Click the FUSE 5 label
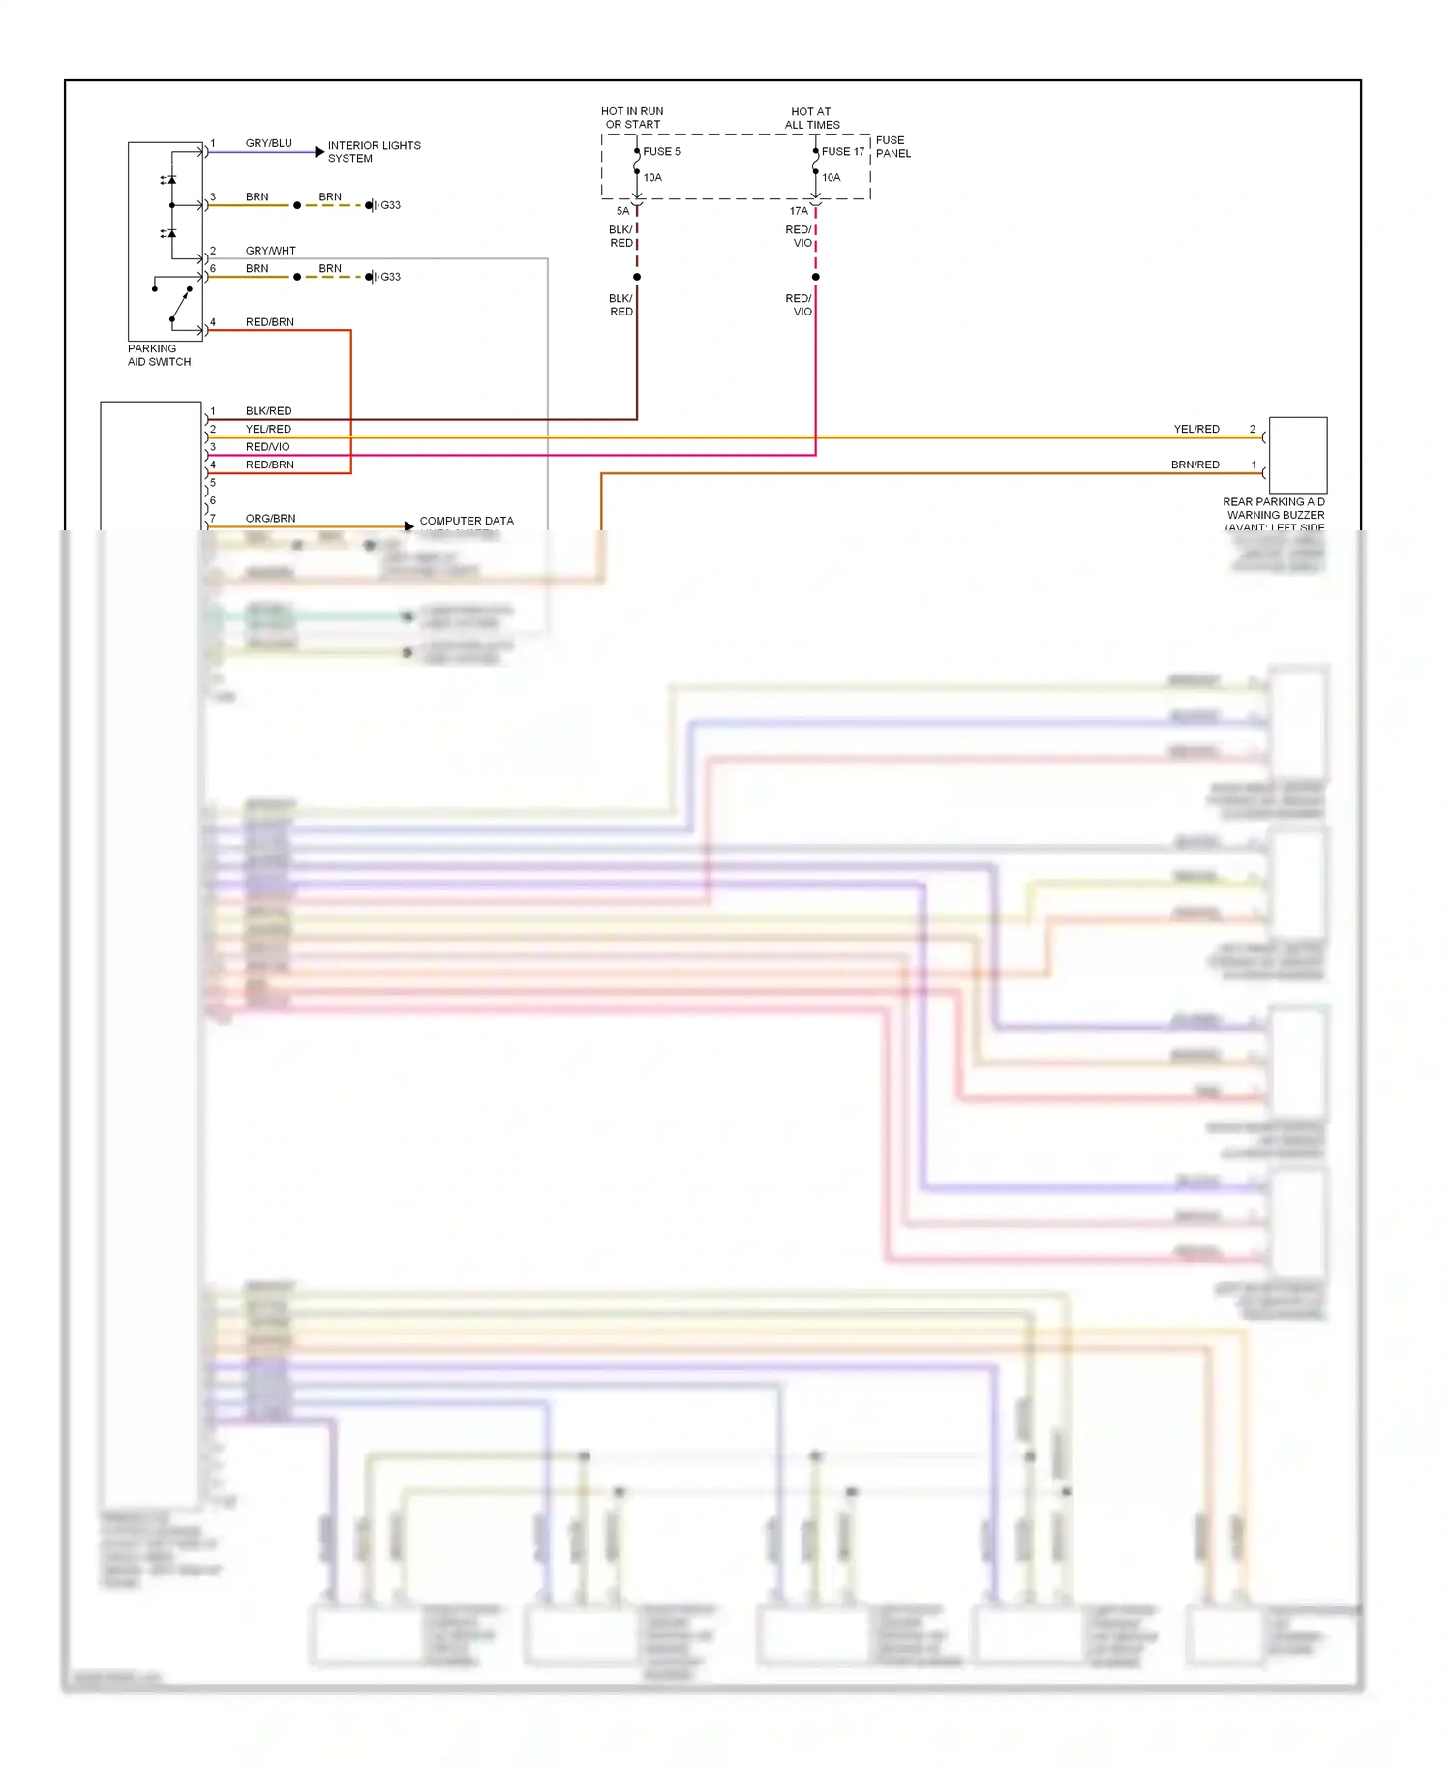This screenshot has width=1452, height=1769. (x=661, y=152)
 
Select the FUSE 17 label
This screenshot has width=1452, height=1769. (x=842, y=152)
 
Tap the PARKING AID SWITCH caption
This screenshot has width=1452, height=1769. (x=159, y=355)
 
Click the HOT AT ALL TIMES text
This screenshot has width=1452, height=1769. (x=811, y=118)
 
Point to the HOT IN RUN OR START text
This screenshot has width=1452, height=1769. (x=632, y=118)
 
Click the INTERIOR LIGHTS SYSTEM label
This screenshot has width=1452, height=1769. (x=374, y=152)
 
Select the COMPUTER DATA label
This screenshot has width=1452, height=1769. (x=467, y=521)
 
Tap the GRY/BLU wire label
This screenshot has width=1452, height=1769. (x=268, y=143)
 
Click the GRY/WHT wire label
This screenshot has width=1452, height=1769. (x=270, y=251)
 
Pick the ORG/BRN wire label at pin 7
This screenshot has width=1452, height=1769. (x=270, y=519)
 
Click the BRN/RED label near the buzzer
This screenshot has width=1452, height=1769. (x=1195, y=465)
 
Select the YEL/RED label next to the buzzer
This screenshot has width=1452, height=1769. (x=1196, y=430)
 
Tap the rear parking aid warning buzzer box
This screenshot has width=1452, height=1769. (x=1297, y=456)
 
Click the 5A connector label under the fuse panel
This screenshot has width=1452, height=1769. (x=622, y=211)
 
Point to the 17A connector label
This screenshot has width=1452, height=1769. (x=798, y=211)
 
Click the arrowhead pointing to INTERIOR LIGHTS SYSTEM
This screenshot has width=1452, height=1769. (x=319, y=152)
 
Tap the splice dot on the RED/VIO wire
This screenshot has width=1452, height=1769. (x=815, y=277)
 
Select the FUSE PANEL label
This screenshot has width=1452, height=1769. (x=892, y=147)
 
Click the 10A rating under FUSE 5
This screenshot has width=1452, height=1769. (x=652, y=178)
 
